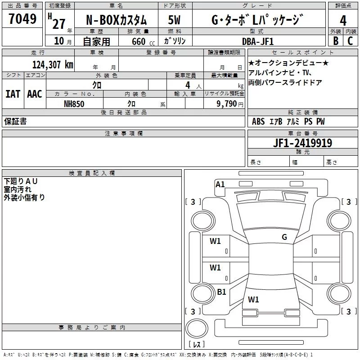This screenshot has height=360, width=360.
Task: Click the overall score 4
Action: pos(343,21)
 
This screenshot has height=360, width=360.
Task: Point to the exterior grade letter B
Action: pos(335,40)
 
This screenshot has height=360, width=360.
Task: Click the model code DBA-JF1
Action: pos(258,41)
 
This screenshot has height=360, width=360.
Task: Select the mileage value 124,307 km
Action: pos(52,65)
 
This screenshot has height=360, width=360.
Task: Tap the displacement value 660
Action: pos(138,41)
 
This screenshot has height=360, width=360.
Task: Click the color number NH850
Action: pos(74,103)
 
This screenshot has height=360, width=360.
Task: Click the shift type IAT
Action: pos(13,94)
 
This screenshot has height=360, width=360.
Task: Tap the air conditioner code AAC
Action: pos(35,94)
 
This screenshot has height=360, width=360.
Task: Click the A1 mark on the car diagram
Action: pos(220,184)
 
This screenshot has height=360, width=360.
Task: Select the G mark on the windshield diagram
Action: pos(284,237)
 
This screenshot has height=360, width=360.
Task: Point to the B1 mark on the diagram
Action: pos(221,292)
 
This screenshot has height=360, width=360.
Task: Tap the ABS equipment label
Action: pos(258,121)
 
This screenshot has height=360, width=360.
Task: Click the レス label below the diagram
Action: pos(197,344)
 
